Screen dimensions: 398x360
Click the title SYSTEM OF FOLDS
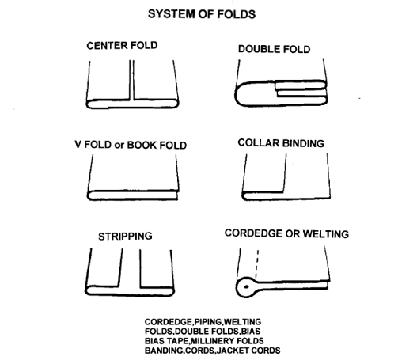point(202,14)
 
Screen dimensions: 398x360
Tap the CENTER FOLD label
point(122,46)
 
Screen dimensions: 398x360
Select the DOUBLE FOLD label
point(274,49)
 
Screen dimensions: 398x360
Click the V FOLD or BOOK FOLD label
point(131,145)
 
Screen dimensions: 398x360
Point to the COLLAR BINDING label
point(281,143)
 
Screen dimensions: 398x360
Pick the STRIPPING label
point(125,237)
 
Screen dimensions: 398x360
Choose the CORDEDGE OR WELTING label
point(286,233)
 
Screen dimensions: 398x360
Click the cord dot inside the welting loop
point(247,286)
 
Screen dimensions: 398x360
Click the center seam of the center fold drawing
point(131,81)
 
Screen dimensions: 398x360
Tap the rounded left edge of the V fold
point(89,195)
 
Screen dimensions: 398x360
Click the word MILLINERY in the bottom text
point(213,341)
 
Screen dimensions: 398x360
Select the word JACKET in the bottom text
point(233,351)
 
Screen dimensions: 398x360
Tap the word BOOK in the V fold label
point(142,146)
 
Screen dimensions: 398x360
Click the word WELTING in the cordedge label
point(325,234)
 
